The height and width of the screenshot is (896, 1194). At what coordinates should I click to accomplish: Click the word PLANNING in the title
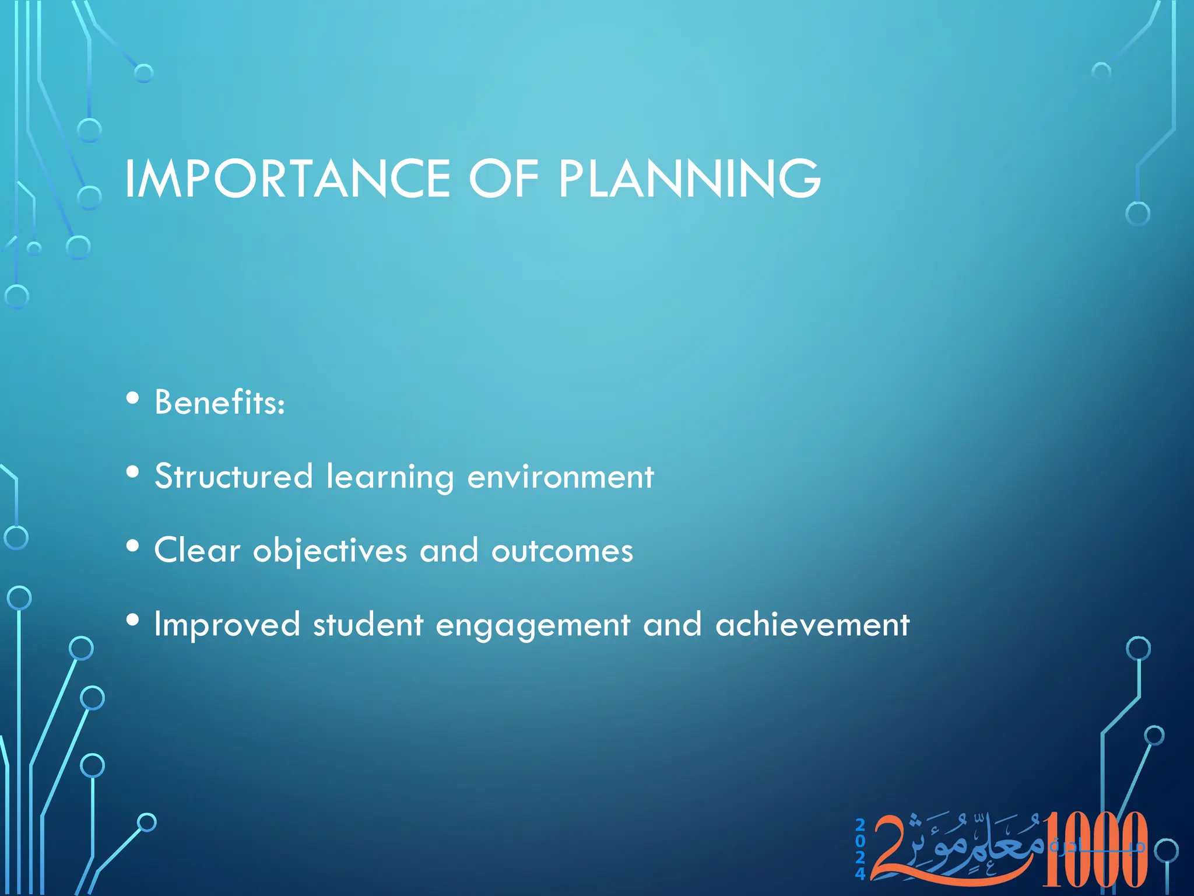click(689, 178)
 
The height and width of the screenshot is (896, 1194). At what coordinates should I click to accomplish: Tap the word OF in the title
click(504, 178)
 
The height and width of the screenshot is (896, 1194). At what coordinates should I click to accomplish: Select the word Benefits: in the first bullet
click(220, 402)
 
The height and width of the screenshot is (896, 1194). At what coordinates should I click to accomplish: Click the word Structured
click(233, 476)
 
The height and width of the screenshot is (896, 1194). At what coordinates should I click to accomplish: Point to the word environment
click(560, 477)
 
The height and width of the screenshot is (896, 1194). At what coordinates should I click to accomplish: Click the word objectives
click(329, 551)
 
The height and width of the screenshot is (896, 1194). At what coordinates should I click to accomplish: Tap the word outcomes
click(562, 551)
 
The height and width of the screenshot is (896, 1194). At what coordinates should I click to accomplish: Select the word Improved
click(227, 625)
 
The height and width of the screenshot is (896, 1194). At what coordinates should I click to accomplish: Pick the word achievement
click(812, 625)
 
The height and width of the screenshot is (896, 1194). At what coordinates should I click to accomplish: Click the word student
click(368, 625)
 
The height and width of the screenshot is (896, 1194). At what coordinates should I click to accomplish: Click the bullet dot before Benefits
click(133, 398)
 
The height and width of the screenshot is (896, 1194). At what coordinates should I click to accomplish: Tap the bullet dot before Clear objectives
click(133, 547)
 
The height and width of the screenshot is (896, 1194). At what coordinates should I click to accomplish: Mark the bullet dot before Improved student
click(133, 621)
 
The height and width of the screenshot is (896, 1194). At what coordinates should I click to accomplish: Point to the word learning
click(389, 477)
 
